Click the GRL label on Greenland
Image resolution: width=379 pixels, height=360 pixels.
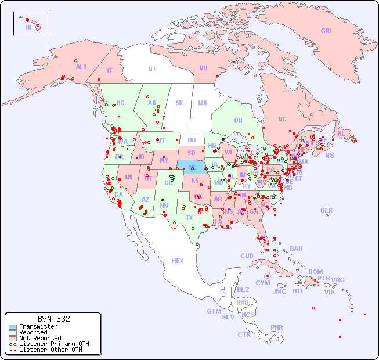(327, 31)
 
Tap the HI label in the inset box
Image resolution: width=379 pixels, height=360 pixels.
(28, 27)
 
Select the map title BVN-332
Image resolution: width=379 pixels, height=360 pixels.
(53, 319)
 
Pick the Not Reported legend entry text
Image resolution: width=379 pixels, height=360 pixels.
(39, 338)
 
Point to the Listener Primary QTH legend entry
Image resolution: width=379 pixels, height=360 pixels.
(53, 344)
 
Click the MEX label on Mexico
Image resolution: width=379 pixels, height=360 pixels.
(178, 261)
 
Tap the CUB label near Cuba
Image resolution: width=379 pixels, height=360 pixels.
(247, 255)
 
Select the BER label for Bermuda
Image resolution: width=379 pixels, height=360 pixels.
(327, 210)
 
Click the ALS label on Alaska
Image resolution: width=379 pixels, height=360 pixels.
(81, 67)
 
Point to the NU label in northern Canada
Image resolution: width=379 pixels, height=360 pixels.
(203, 68)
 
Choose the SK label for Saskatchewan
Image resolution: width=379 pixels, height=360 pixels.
(179, 103)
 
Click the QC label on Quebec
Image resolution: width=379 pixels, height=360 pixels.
(282, 119)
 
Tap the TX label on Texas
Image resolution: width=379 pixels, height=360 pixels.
(189, 218)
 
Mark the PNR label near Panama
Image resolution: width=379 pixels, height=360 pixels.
(277, 327)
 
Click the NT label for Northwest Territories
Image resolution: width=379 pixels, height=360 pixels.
(152, 69)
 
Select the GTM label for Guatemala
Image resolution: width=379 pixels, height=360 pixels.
(214, 311)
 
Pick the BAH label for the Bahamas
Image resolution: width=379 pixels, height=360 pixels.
(296, 249)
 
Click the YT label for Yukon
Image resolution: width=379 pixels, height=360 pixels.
(109, 70)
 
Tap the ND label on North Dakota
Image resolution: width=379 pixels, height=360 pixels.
(192, 140)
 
